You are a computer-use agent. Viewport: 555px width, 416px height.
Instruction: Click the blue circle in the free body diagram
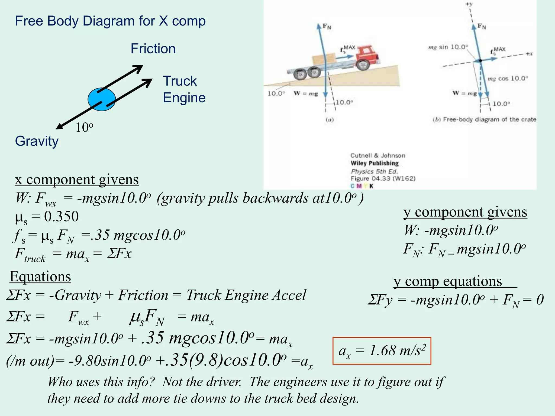pyautogui.click(x=102, y=99)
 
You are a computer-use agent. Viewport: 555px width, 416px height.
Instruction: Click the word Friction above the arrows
pyautogui.click(x=153, y=49)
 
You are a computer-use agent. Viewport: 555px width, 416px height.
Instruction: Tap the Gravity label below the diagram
pyautogui.click(x=37, y=141)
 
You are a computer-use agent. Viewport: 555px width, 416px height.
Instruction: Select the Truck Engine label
pyautogui.click(x=184, y=89)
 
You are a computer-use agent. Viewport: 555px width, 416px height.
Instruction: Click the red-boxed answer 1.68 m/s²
pyautogui.click(x=382, y=351)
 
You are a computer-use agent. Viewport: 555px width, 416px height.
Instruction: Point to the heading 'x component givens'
pyautogui.click(x=77, y=180)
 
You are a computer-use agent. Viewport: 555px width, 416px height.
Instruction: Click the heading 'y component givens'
pyautogui.click(x=465, y=212)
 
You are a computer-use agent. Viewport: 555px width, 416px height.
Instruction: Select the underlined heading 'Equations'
pyautogui.click(x=40, y=277)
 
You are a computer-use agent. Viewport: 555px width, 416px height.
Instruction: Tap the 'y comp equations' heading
pyautogui.click(x=448, y=281)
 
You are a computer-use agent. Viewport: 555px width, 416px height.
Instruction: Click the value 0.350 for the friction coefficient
pyautogui.click(x=62, y=216)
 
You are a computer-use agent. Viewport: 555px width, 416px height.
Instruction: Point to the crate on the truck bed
pyautogui.click(x=323, y=60)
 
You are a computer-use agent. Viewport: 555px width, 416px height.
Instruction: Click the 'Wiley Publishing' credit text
pyautogui.click(x=375, y=163)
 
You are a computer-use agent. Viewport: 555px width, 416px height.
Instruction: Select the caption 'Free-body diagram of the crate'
pyautogui.click(x=489, y=119)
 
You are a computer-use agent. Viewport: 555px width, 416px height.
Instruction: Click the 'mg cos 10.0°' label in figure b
pyautogui.click(x=508, y=79)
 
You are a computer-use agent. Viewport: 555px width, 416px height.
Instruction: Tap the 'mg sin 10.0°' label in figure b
pyautogui.click(x=448, y=47)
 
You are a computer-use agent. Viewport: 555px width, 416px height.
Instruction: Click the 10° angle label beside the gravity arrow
pyautogui.click(x=84, y=127)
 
